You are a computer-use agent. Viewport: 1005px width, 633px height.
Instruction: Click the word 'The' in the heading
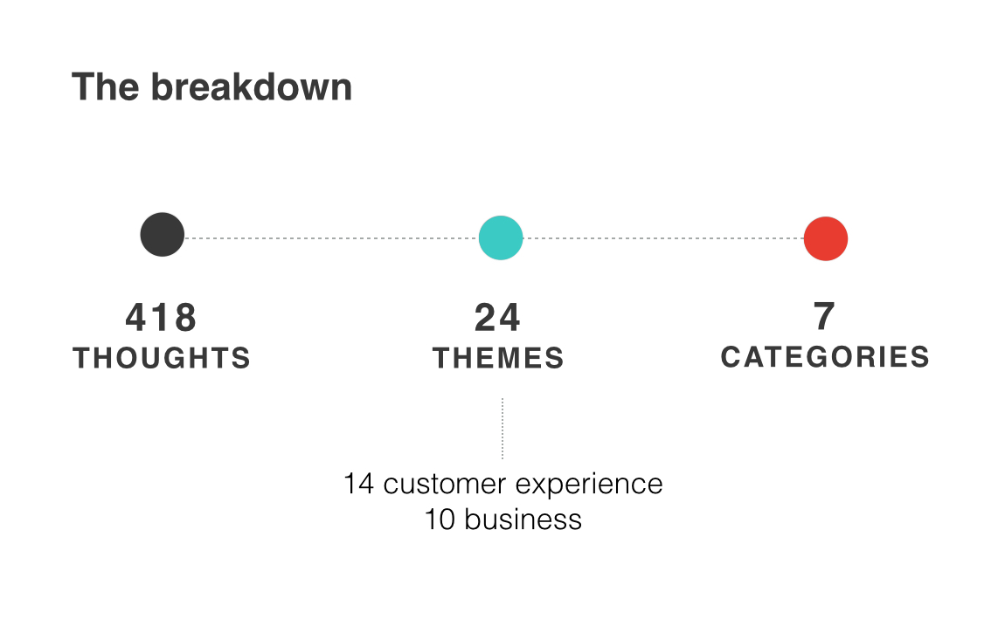[x=105, y=87]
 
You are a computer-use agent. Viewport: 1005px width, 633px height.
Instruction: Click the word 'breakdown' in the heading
[x=252, y=87]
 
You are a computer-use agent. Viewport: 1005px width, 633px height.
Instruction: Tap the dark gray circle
[x=163, y=234]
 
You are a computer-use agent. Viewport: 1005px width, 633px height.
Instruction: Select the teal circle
[x=501, y=237]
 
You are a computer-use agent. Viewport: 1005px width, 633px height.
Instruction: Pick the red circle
[x=826, y=238]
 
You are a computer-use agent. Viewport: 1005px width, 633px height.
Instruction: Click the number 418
[x=161, y=318]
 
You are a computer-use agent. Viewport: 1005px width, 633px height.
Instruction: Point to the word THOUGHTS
[x=162, y=358]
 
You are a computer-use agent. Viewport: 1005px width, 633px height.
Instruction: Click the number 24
[x=497, y=318]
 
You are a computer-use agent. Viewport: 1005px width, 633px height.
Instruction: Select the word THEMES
[x=498, y=358]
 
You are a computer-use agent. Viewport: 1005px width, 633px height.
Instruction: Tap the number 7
[x=824, y=316]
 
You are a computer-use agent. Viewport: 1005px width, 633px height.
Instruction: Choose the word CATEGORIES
[x=825, y=357]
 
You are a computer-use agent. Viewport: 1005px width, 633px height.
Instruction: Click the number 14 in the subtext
[x=358, y=484]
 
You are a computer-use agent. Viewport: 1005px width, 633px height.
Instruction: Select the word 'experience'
[x=589, y=486]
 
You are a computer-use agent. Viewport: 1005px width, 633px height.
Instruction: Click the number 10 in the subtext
[x=440, y=519]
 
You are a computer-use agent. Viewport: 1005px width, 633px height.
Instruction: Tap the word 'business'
[x=523, y=519]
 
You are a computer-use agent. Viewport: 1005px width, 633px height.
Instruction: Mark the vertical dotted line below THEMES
[x=502, y=429]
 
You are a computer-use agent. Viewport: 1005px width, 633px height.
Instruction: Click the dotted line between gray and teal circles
[x=331, y=238]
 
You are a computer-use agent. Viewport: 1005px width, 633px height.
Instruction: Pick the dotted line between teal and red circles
[x=663, y=238]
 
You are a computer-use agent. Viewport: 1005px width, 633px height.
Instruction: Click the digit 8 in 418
[x=185, y=318]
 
